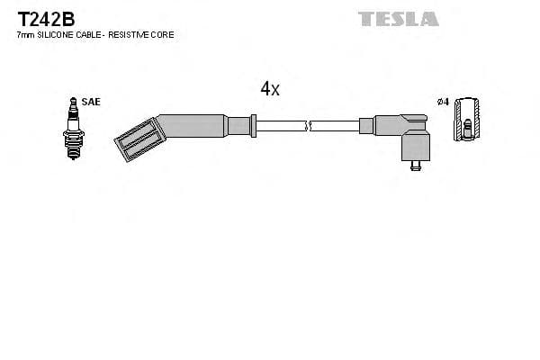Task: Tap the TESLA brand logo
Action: point(398,18)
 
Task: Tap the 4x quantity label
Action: point(270,88)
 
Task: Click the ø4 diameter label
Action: point(442,103)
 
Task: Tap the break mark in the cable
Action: point(308,125)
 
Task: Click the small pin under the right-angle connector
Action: point(415,166)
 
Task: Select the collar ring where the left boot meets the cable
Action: point(255,125)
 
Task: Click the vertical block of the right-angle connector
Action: point(414,143)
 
